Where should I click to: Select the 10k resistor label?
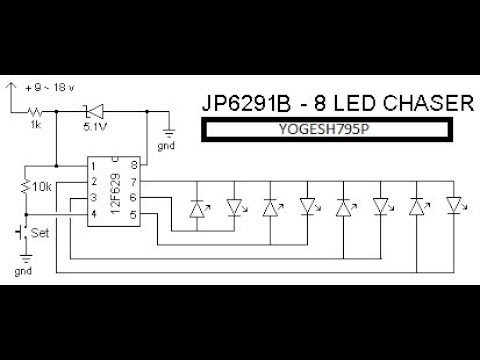tap(42, 187)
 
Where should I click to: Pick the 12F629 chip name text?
tap(115, 191)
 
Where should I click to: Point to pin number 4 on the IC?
tap(92, 213)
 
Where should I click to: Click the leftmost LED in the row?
tap(197, 209)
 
